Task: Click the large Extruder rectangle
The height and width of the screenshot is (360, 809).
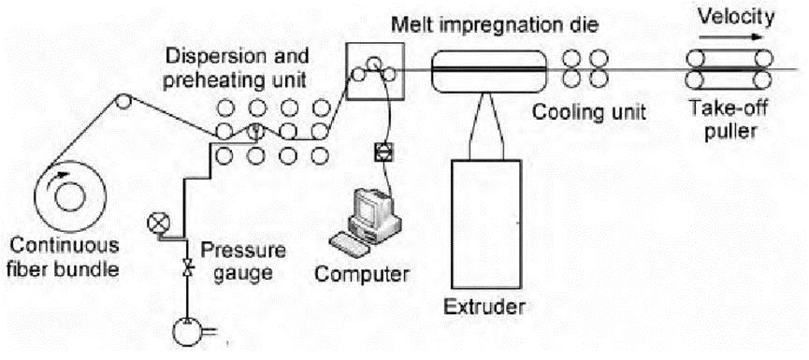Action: [x=485, y=223]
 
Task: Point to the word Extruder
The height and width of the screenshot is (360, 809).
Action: [x=485, y=308]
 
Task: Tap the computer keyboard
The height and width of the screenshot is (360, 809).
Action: [x=351, y=243]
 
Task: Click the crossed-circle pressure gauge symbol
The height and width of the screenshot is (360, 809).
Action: [x=154, y=223]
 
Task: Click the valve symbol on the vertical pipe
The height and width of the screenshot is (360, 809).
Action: [x=188, y=267]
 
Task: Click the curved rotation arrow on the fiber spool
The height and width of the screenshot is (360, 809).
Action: [x=58, y=178]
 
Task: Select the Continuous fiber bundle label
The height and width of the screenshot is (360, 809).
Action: [x=65, y=257]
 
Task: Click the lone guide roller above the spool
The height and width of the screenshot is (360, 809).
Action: [x=123, y=100]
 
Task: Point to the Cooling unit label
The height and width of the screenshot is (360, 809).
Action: [x=589, y=112]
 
